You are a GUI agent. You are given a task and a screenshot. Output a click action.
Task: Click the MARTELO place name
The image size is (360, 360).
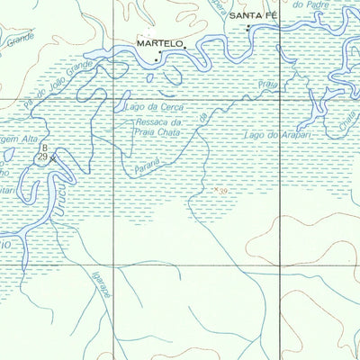tap(159, 42)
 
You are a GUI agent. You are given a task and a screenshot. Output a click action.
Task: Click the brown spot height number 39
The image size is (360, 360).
tap(222, 190)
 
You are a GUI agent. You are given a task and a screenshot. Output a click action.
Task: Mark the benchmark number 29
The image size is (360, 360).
tap(42, 157)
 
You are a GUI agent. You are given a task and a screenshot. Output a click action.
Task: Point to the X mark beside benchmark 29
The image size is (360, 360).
tap(52, 158)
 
